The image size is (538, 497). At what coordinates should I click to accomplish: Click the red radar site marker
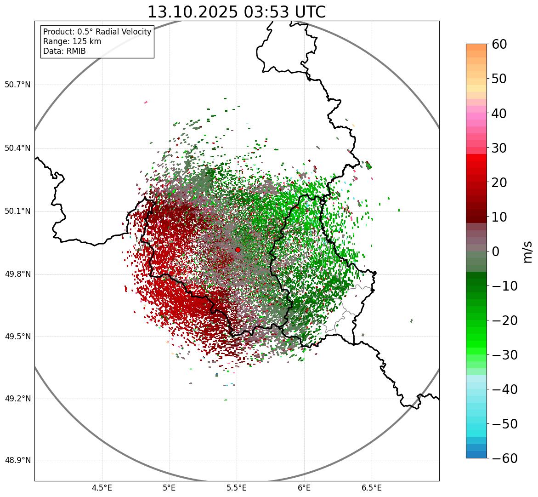(x=238, y=250)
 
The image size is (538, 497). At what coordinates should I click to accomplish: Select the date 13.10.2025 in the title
(x=193, y=12)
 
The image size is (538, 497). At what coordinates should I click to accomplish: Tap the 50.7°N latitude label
(x=17, y=85)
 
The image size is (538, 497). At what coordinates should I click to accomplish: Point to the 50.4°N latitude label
(x=17, y=148)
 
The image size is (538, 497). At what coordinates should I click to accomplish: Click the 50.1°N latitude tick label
(x=17, y=211)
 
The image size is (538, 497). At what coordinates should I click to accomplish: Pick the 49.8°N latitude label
(x=17, y=274)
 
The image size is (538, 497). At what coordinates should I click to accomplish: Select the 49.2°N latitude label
(x=17, y=399)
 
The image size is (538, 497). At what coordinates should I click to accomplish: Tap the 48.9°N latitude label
(x=17, y=461)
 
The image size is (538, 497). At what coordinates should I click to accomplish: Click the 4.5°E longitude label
(x=102, y=488)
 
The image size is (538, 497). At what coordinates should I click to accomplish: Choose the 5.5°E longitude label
(x=237, y=488)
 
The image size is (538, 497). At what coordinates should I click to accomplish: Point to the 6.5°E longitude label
(x=371, y=488)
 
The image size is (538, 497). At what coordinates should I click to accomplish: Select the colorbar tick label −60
(x=504, y=458)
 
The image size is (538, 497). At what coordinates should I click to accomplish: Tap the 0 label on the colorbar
(x=495, y=251)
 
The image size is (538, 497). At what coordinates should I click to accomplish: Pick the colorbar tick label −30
(x=504, y=355)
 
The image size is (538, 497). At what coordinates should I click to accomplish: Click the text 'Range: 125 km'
(x=72, y=41)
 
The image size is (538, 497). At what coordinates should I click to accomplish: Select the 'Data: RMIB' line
(x=64, y=51)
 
